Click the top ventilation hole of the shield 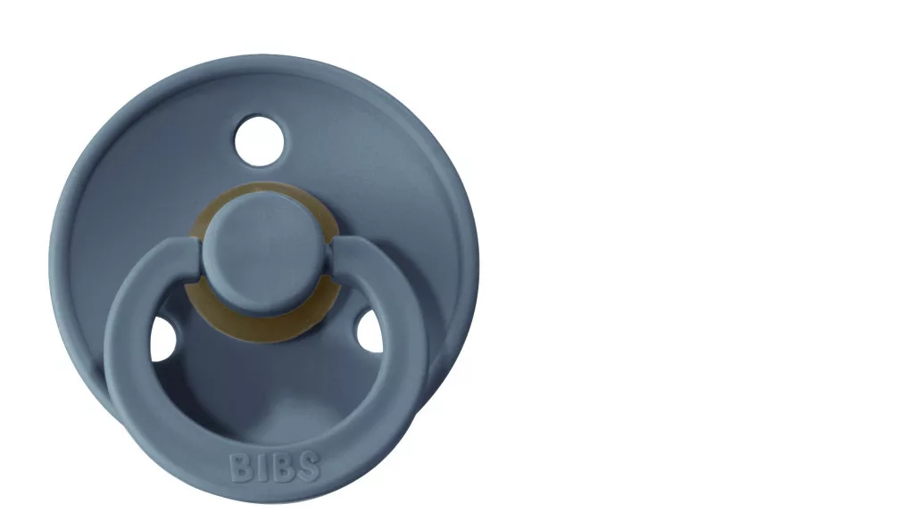click(x=260, y=140)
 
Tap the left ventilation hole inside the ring click(x=162, y=339)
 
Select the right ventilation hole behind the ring click(x=370, y=332)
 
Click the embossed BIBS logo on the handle click(x=275, y=467)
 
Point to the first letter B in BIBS click(x=240, y=467)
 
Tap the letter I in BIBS click(x=260, y=467)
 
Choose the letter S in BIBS click(x=308, y=467)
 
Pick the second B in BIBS click(x=280, y=467)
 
